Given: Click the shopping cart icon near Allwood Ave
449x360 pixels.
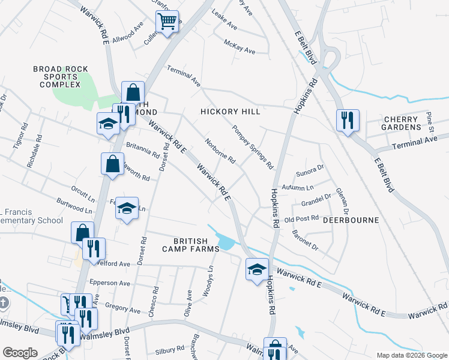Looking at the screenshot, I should tap(168, 22).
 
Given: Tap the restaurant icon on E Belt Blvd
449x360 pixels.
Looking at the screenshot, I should tap(348, 121).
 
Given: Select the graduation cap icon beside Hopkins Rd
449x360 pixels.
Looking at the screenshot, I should tap(257, 269).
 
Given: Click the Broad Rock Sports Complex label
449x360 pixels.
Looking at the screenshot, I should tap(56, 77).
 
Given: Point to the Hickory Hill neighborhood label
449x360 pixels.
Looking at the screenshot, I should tap(230, 112).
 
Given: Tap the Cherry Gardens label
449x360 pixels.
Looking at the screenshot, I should tap(402, 123).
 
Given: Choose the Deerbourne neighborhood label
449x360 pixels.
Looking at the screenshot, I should tap(351, 220).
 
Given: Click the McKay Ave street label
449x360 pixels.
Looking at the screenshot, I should tap(239, 47).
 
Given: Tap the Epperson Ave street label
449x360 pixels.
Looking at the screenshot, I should tap(109, 283).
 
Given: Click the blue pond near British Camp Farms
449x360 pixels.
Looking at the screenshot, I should tap(226, 243).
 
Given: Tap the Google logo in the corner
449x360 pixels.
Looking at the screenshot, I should tap(20, 353).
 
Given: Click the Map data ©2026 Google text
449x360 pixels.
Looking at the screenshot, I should tap(412, 355).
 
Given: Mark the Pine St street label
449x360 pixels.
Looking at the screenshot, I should tap(430, 120).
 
